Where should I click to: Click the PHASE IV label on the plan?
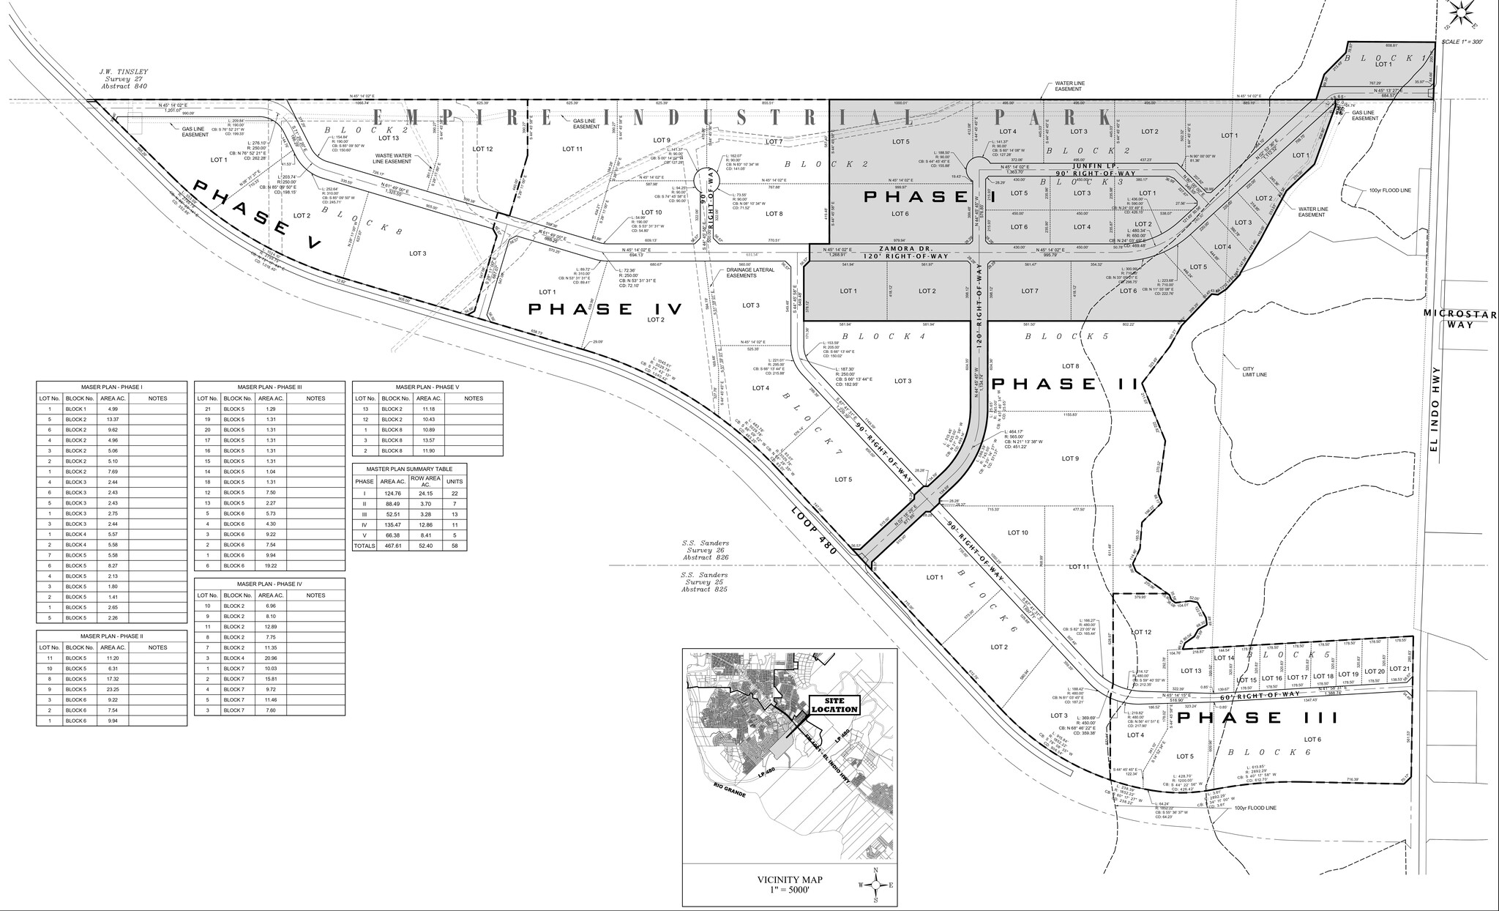(605, 310)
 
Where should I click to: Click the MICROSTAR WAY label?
(1459, 319)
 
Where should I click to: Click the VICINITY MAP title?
(790, 880)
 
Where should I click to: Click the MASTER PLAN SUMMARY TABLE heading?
(409, 469)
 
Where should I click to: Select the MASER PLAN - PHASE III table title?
(269, 387)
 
